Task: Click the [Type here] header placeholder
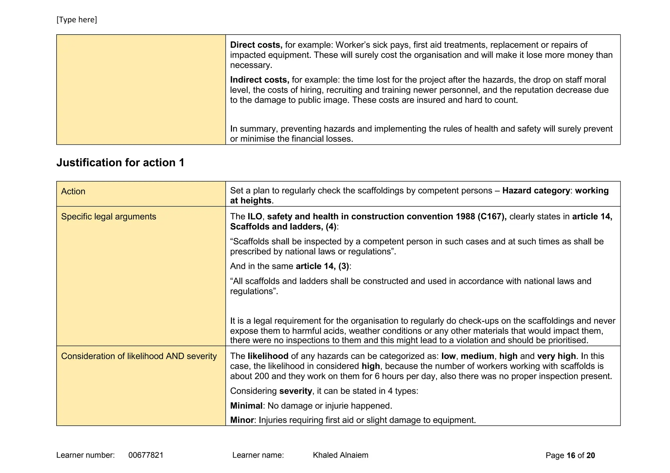77,20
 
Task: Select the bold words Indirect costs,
259,80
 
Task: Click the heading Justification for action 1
120,162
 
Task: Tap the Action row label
73,191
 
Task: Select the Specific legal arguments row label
108,217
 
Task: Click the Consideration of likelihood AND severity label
139,356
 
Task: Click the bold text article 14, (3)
322,266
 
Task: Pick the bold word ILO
255,217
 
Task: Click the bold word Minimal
246,406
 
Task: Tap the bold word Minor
242,420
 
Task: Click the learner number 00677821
146,455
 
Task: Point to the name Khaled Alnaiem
340,455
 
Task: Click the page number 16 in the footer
571,455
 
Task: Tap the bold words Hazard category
536,190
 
